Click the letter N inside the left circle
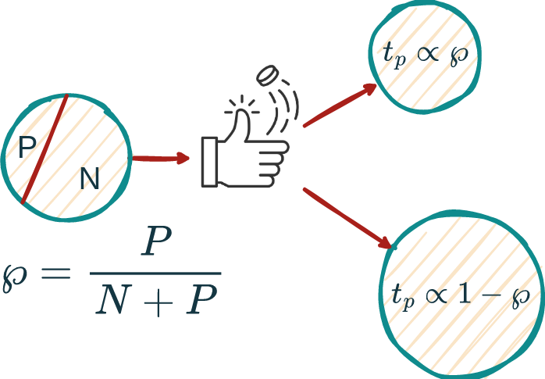(90, 180)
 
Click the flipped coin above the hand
(268, 76)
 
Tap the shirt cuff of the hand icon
(209, 161)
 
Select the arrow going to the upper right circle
(340, 105)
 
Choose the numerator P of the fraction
(155, 244)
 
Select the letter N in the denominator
(114, 301)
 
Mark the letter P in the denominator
(198, 301)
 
